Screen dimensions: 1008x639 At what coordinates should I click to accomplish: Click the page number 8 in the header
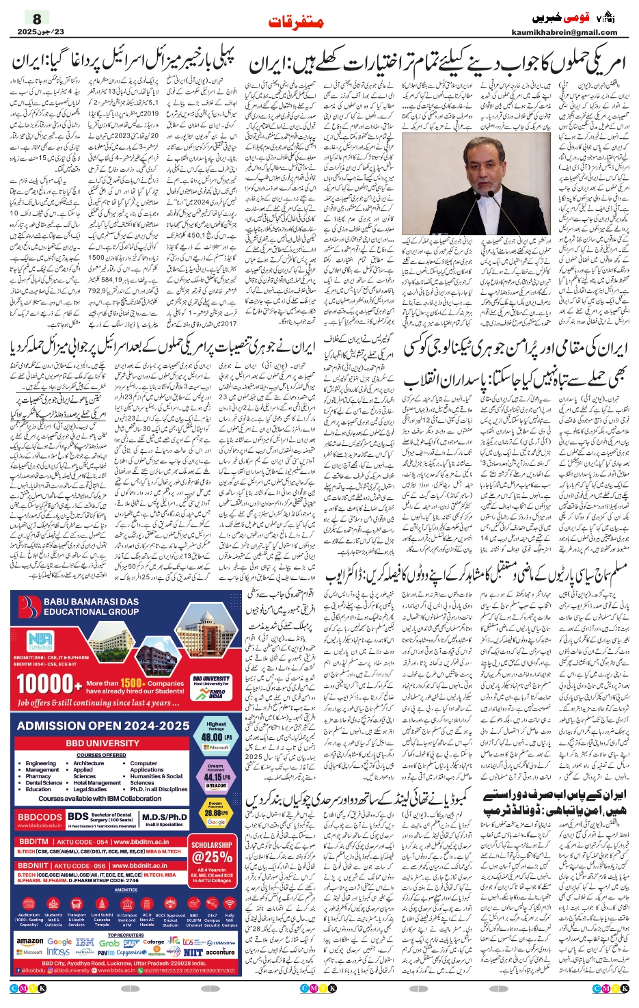[38, 19]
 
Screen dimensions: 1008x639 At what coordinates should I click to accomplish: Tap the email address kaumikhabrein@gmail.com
[564, 32]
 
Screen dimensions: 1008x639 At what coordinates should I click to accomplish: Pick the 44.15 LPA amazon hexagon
[216, 775]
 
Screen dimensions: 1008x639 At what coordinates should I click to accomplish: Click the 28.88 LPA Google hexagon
[216, 812]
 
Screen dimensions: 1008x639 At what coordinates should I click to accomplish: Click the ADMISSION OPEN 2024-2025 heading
[103, 726]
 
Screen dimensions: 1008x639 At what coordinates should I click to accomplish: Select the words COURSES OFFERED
[101, 755]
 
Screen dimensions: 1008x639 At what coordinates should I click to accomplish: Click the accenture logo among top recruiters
[220, 952]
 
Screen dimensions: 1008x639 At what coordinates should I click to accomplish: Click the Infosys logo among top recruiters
[58, 952]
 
